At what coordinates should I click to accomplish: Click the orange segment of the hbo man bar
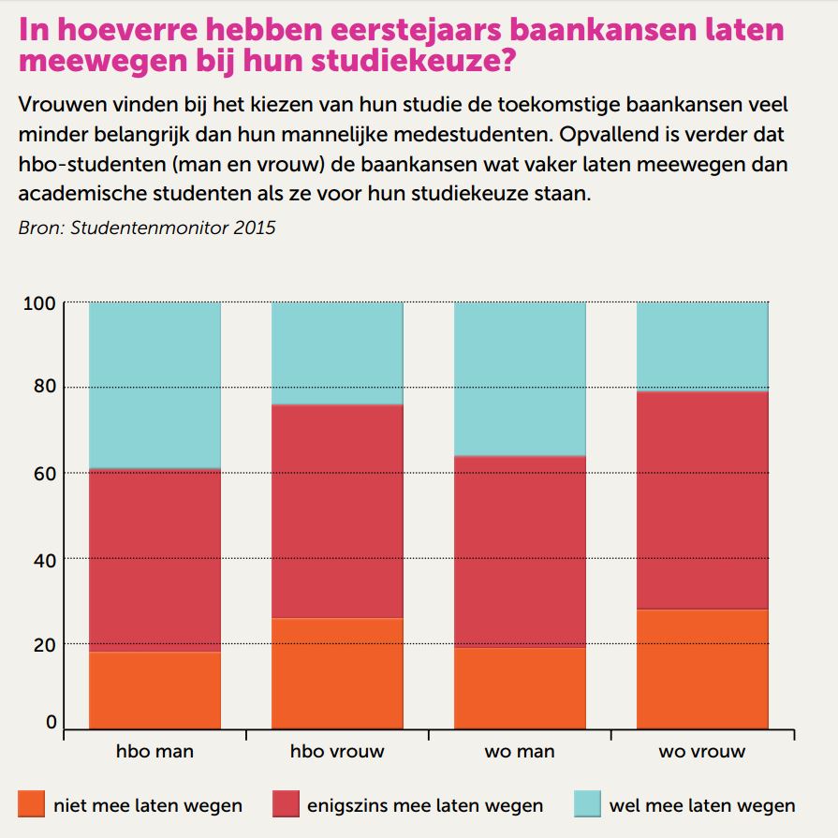tap(154, 690)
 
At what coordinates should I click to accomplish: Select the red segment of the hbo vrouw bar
tap(337, 510)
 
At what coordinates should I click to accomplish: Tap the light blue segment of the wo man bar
tap(520, 378)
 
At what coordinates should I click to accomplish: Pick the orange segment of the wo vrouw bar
tap(702, 669)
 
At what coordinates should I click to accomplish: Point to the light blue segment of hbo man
tap(154, 384)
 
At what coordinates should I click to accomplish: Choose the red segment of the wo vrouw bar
tap(702, 500)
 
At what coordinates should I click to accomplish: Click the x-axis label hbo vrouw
tap(337, 752)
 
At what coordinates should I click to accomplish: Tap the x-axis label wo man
tap(520, 752)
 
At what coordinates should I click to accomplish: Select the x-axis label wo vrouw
tap(702, 752)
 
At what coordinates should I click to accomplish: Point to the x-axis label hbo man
tap(154, 752)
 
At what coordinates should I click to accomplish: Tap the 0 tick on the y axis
tap(51, 723)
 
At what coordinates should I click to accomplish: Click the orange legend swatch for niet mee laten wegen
tap(31, 804)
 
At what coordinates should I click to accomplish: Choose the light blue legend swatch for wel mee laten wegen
tap(585, 804)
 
